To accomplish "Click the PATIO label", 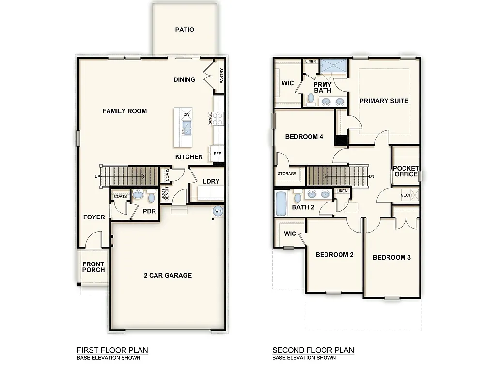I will (184, 30).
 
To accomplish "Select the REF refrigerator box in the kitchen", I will (217, 154).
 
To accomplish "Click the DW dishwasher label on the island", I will (186, 114).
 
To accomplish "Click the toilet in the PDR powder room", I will (138, 195).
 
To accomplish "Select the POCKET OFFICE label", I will (406, 171).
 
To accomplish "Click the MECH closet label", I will (406, 195).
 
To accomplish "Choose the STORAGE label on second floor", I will (287, 174).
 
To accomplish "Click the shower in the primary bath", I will (333, 65).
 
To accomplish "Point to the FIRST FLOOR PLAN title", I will (112, 350).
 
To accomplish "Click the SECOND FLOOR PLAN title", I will (313, 350).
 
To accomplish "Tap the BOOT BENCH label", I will (165, 195).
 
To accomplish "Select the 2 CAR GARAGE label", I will (168, 275).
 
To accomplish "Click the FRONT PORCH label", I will (93, 267).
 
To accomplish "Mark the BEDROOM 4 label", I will (304, 137).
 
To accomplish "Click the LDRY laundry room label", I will (211, 181).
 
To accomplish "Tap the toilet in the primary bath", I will (310, 99).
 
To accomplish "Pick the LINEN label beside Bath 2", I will (342, 191).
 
